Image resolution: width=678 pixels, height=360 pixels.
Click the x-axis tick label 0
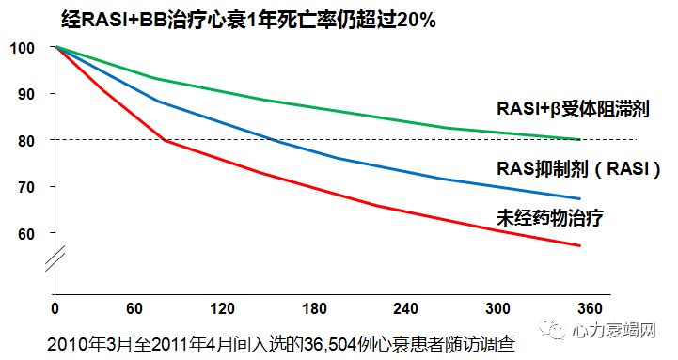[x=55, y=309]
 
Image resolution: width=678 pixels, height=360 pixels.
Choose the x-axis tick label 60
[x=134, y=309]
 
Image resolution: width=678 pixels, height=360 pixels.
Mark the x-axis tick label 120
[x=223, y=309]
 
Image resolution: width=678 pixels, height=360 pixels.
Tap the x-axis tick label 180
[x=316, y=309]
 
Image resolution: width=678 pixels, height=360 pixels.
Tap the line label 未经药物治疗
[x=549, y=217]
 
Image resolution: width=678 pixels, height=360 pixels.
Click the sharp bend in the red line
[x=166, y=140]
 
